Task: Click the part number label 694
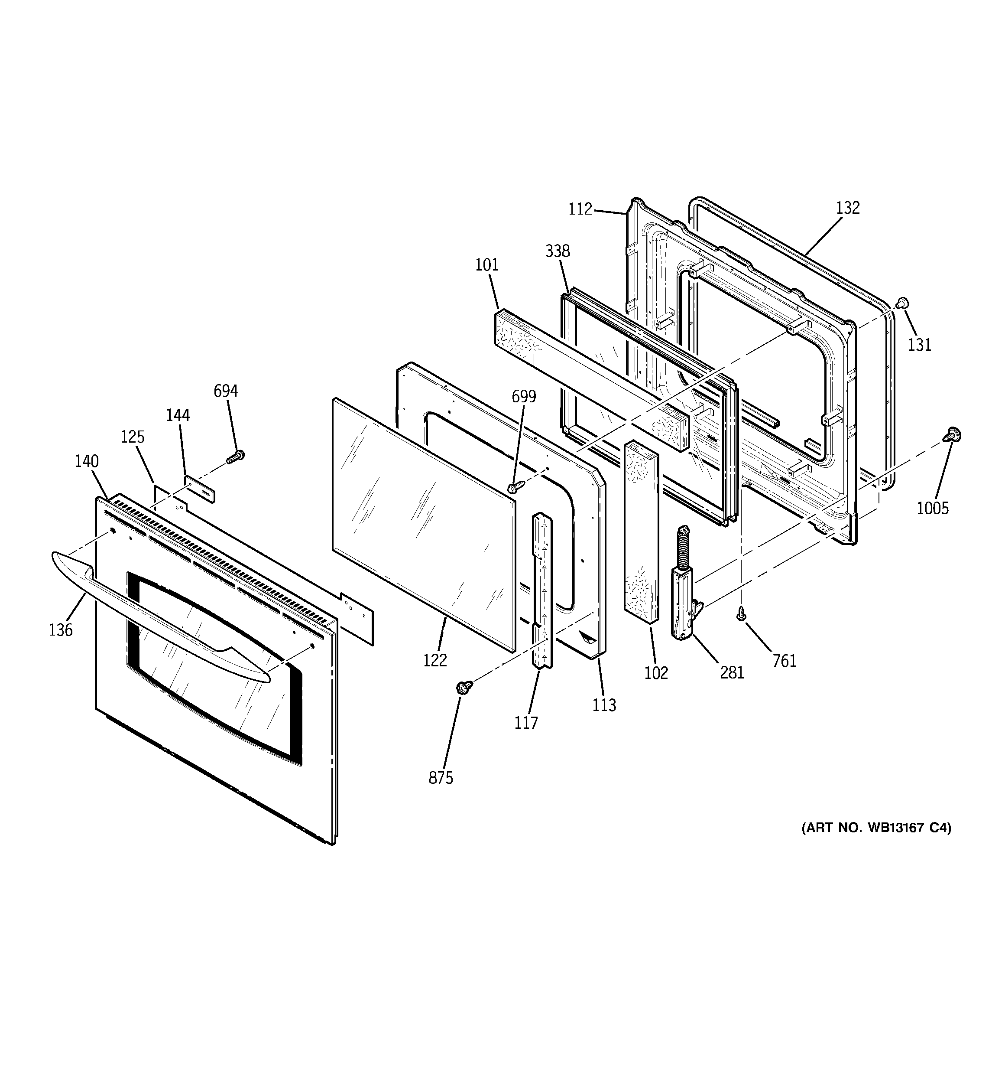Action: (226, 391)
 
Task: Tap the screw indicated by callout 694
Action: (235, 457)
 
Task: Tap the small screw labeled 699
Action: (515, 487)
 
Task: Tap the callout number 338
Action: (557, 251)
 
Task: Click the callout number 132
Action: (847, 208)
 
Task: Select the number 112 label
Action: (580, 209)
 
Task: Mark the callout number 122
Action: (435, 660)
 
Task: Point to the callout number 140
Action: (86, 461)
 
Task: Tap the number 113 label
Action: (603, 705)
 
